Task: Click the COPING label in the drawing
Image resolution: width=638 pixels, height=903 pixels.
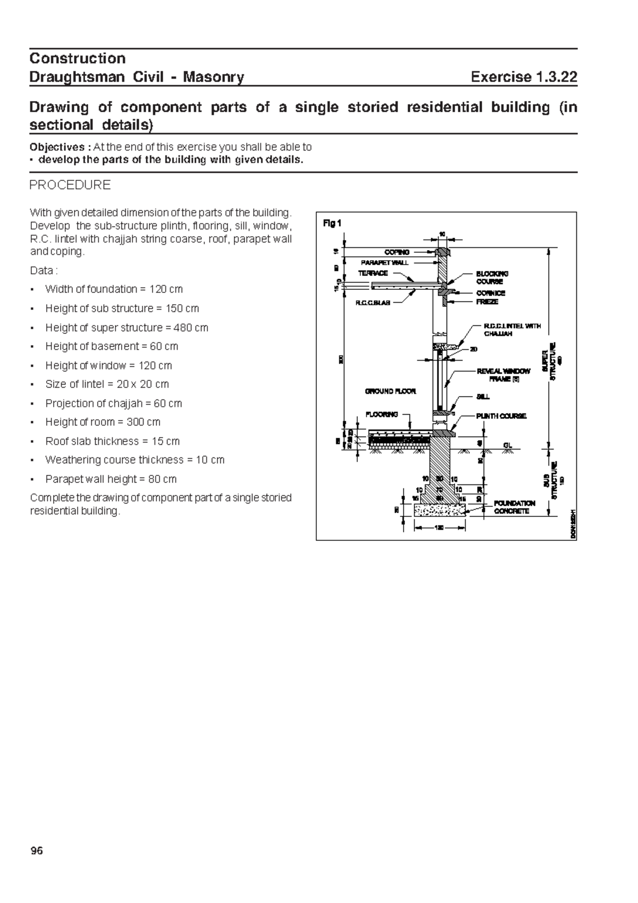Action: (x=397, y=252)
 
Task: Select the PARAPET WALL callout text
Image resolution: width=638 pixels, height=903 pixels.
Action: (x=385, y=263)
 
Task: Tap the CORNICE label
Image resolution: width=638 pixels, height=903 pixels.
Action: (x=490, y=293)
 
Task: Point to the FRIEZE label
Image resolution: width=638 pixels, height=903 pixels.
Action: (x=487, y=302)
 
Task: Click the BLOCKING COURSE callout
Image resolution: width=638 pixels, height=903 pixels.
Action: (x=492, y=277)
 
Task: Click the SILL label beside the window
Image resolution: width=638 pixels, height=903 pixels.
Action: (x=483, y=397)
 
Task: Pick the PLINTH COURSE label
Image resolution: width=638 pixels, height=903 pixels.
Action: (x=501, y=416)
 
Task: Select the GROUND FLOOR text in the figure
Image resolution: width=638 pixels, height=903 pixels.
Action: (x=390, y=391)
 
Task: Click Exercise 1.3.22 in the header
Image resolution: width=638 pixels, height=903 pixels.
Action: (x=524, y=78)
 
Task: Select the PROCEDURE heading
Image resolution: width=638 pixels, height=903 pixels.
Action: (x=70, y=185)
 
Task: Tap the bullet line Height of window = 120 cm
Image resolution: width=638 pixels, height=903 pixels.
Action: (x=108, y=365)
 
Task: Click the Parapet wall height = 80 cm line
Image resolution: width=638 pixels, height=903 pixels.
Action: (x=111, y=479)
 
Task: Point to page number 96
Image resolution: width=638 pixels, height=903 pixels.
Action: (x=36, y=851)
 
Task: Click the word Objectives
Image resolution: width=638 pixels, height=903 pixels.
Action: (x=56, y=147)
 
